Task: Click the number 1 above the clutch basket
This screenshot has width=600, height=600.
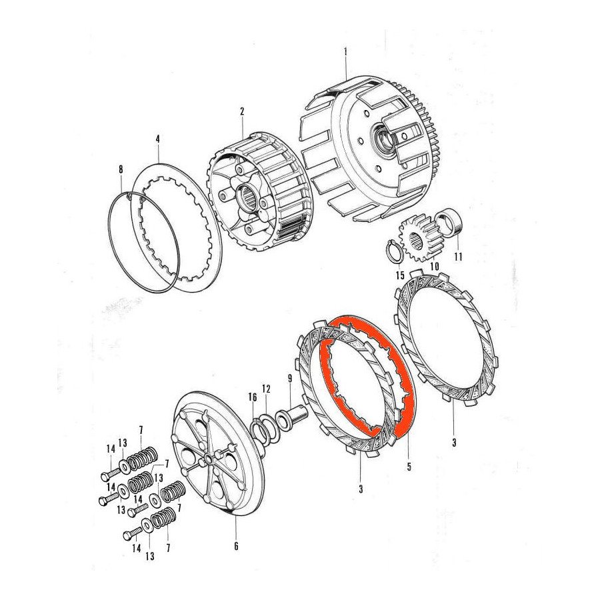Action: tap(345, 52)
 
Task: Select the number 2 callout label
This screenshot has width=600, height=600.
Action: tap(242, 111)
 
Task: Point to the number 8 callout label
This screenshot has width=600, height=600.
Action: tap(120, 169)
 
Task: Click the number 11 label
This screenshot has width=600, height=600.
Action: tap(457, 256)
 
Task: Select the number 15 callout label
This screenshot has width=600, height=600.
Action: tap(400, 275)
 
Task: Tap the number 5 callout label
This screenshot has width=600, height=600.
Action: tap(409, 467)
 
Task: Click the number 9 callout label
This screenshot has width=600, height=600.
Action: tap(289, 379)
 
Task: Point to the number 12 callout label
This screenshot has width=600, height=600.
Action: tap(266, 388)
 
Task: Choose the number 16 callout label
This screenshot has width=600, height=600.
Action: tap(252, 397)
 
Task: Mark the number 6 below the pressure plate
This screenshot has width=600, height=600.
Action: tap(236, 546)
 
